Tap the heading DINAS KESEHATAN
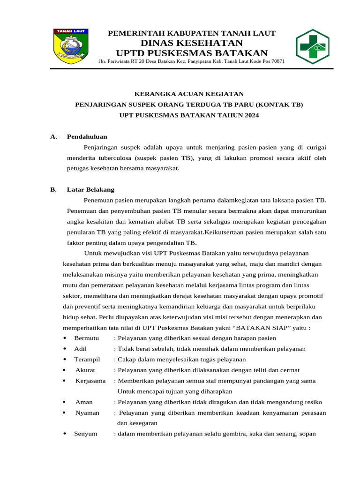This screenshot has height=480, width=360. [192, 43]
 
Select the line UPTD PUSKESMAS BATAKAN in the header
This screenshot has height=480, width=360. [192, 53]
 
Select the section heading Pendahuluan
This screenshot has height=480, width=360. [87, 137]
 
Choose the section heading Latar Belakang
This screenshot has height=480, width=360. [90, 190]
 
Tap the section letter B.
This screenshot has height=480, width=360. [53, 190]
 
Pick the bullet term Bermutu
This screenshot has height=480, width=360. [87, 338]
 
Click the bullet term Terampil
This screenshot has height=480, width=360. [87, 360]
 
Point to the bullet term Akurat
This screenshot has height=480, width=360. [85, 370]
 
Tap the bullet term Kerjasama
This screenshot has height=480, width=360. [90, 381]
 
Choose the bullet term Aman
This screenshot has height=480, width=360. [84, 402]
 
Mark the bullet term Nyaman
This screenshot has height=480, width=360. [87, 413]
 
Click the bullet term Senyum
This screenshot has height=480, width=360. [86, 434]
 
